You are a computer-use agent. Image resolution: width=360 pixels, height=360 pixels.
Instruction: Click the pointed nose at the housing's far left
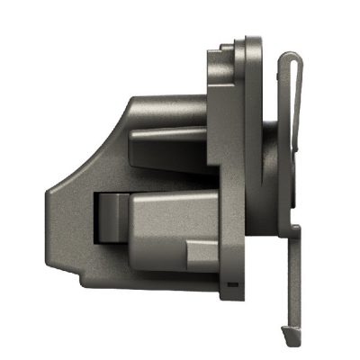click(51, 189)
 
